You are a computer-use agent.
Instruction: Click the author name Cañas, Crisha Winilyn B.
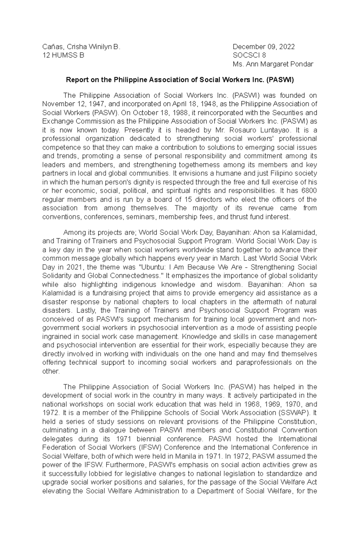coord(81,47)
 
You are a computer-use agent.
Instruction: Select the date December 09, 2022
coord(264,47)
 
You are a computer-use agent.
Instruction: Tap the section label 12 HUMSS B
coord(63,55)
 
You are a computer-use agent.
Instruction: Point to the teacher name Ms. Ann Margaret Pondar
coord(273,64)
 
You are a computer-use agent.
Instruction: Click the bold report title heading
coord(180,80)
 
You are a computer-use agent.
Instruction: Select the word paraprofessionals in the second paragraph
coord(264,363)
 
